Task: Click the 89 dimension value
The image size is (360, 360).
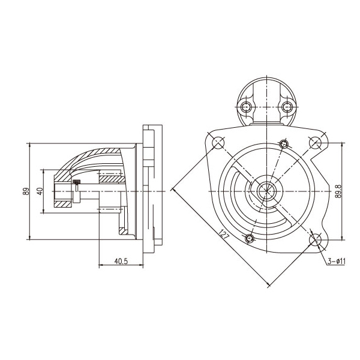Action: tap(26, 191)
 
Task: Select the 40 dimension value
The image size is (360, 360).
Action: tap(40, 191)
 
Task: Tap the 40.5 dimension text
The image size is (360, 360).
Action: tap(121, 261)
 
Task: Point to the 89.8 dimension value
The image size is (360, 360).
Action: tap(338, 191)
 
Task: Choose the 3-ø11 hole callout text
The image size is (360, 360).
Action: tap(337, 261)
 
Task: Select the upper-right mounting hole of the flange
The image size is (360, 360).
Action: tap(316, 143)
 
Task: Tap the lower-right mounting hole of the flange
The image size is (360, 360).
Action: tap(316, 240)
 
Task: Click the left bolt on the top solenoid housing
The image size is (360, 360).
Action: tap(246, 107)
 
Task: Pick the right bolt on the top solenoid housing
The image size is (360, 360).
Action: tap(287, 107)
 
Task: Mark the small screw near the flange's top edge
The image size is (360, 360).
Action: tap(284, 144)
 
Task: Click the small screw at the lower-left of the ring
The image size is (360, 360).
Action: tap(250, 239)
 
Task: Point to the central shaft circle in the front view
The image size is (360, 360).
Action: tap(266, 191)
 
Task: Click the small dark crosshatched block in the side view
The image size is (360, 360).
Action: tap(76, 182)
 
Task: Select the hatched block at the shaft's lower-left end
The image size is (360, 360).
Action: tap(62, 204)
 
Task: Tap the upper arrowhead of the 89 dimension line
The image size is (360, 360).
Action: tap(29, 145)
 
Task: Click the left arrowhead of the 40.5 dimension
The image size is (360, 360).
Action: tap(101, 265)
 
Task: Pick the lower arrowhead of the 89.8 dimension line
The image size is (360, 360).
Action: tap(343, 238)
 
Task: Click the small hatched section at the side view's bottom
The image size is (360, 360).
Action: tap(123, 231)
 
